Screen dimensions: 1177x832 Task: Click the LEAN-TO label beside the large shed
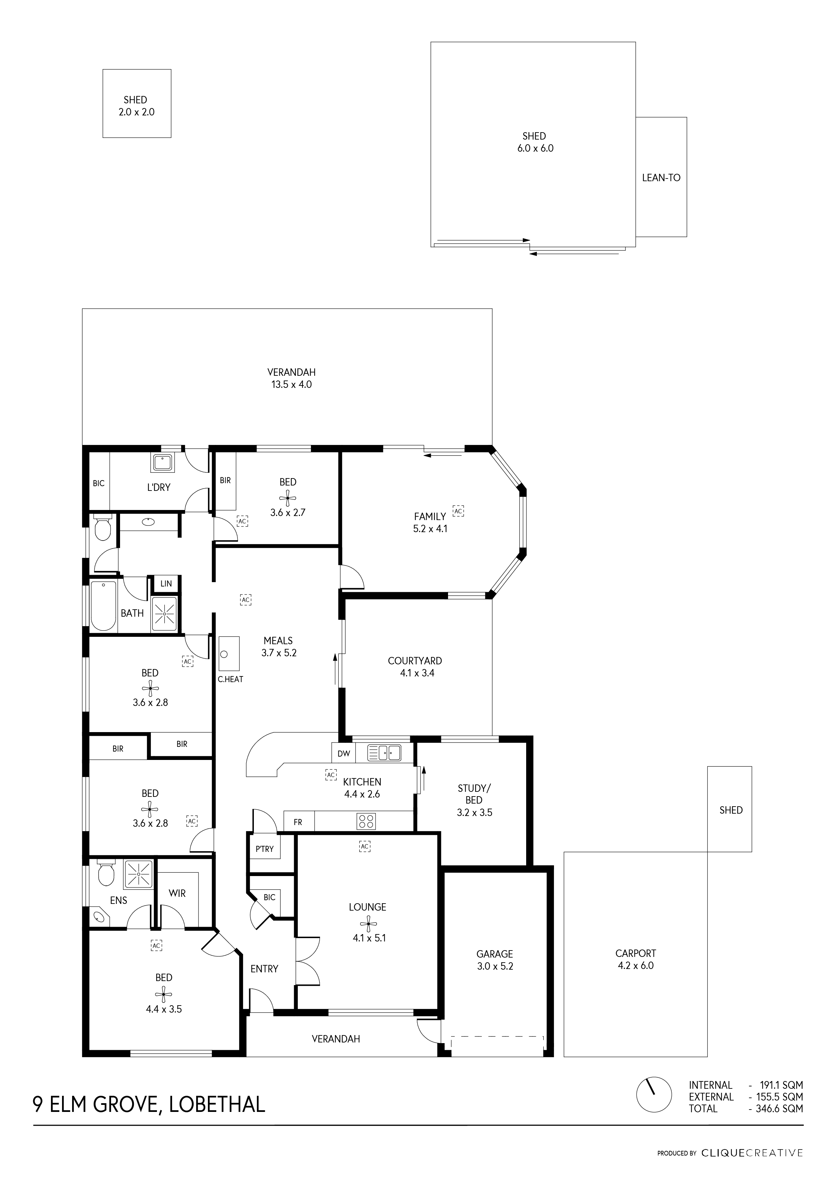(x=661, y=178)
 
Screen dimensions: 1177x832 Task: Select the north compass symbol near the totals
(x=653, y=1095)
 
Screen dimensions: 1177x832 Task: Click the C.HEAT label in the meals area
(x=230, y=679)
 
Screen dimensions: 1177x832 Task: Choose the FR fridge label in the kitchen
(x=298, y=822)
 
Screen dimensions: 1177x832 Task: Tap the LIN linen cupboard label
(x=166, y=583)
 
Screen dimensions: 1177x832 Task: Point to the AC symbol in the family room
(x=458, y=511)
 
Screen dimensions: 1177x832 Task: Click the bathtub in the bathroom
(x=103, y=606)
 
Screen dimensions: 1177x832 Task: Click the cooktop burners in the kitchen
(x=366, y=821)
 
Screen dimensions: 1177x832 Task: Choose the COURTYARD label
(x=414, y=661)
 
